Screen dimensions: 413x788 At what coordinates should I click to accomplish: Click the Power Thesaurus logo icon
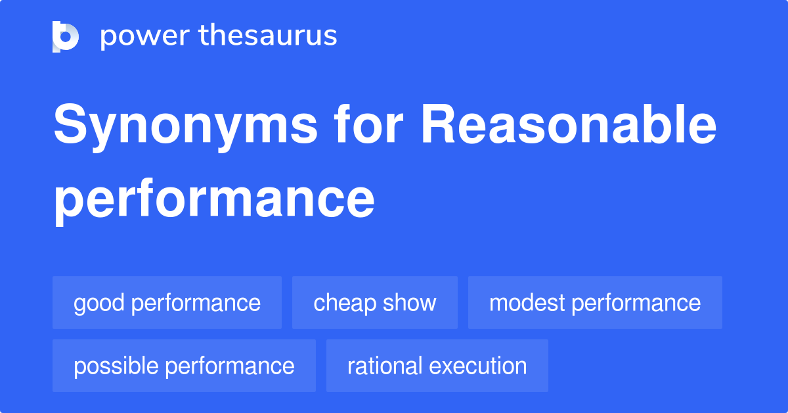66,36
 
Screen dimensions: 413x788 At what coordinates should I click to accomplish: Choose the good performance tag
167,303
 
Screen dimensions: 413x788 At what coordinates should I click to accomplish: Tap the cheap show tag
374,303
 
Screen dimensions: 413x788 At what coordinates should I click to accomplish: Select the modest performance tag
595,303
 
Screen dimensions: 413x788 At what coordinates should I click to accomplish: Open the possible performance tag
184,366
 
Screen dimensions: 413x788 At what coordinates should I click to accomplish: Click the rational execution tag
437,366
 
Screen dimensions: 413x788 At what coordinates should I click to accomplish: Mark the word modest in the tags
527,303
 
